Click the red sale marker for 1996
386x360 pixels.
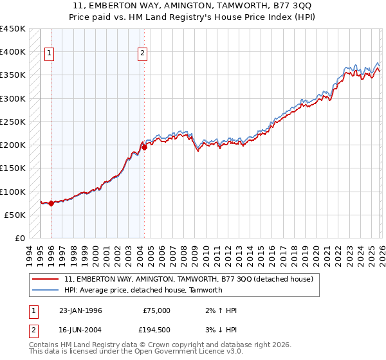click(51, 203)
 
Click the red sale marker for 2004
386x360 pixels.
click(144, 147)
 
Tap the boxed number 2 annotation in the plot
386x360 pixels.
click(142, 54)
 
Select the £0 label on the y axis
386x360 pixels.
click(21, 239)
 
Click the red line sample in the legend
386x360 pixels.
click(46, 280)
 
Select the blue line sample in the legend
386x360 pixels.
click(46, 291)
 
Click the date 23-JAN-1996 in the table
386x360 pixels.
click(80, 310)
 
